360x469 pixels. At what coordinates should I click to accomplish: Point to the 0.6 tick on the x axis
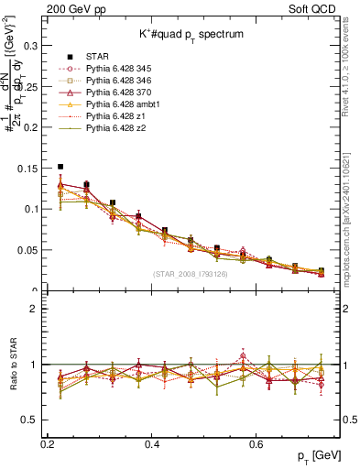[284, 443]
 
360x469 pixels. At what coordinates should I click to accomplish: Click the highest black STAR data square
[60, 167]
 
